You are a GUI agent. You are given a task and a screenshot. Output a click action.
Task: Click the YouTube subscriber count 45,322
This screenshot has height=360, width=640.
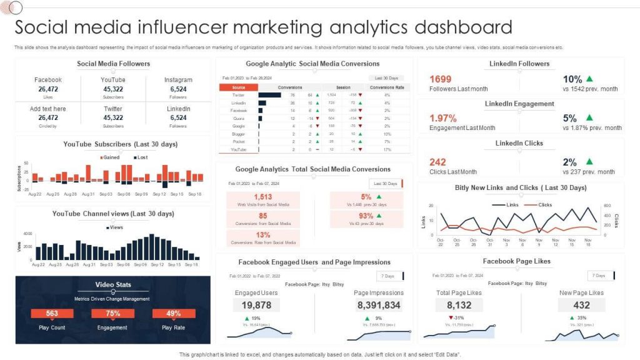point(113,89)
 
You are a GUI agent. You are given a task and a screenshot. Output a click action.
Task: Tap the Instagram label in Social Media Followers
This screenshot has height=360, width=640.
point(178,80)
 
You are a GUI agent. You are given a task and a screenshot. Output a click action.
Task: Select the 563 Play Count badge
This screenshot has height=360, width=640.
point(52,314)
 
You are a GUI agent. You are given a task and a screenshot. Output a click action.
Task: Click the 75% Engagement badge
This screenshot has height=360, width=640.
point(112,314)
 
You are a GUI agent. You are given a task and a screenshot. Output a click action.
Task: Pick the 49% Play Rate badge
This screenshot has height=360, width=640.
point(174,314)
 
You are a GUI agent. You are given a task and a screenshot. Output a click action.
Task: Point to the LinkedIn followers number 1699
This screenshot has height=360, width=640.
point(441,79)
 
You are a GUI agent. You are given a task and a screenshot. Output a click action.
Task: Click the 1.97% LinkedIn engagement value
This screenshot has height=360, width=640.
point(443,118)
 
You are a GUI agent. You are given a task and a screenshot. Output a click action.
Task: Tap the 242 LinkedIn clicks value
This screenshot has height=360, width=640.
point(438,162)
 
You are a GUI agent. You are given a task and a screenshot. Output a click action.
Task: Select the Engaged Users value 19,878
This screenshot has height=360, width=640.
point(256,305)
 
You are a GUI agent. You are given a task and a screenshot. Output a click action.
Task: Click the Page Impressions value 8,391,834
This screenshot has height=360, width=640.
point(379,305)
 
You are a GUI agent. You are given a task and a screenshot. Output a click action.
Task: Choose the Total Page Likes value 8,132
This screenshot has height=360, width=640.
point(459,305)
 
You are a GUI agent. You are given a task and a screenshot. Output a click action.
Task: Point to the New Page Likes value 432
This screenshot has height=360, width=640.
point(581,305)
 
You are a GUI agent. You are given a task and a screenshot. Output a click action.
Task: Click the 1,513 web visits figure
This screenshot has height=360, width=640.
point(262,197)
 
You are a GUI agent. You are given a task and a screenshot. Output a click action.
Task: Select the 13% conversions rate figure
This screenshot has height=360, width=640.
point(262,235)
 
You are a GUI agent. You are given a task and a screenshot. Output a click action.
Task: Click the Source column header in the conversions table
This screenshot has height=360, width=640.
point(238,87)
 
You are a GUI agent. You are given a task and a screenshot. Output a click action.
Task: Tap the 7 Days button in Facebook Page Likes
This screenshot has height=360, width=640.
point(599,276)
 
